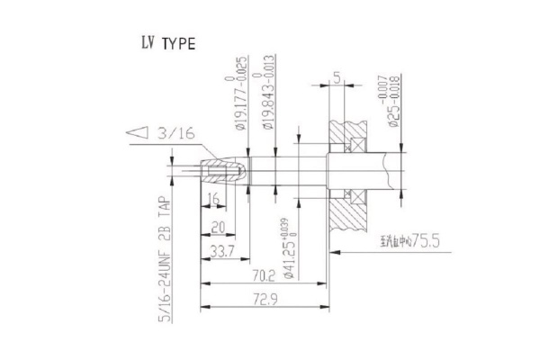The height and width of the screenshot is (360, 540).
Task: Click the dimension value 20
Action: [217, 229]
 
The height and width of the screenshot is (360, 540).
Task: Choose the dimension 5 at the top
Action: [334, 76]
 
